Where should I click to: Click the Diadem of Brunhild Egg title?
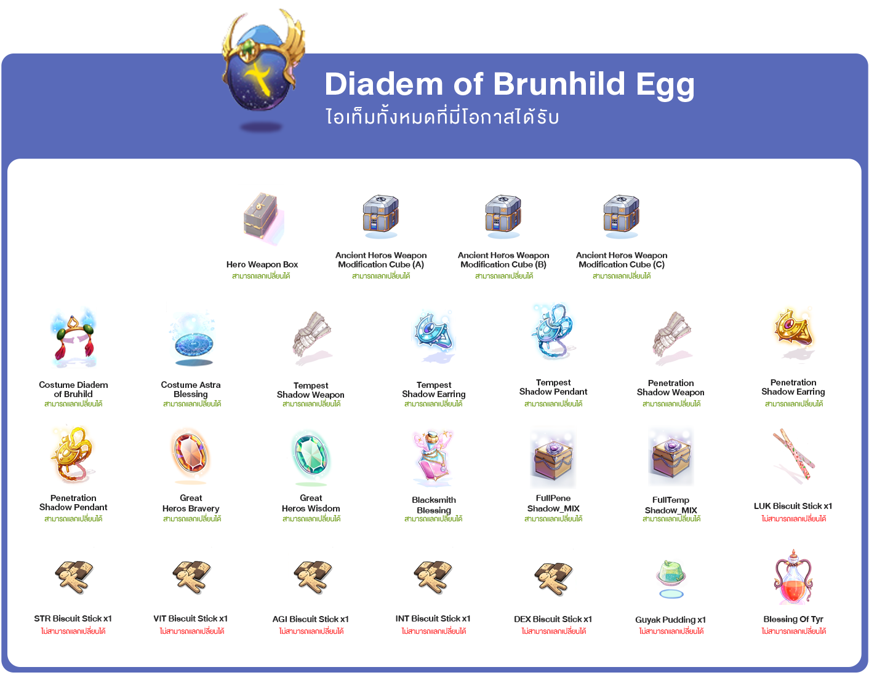[509, 85]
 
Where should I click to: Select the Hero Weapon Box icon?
[263, 218]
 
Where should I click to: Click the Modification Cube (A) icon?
[381, 216]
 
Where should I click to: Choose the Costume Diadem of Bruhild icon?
[73, 338]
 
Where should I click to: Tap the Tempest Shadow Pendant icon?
[553, 331]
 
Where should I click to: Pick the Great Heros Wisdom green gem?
[311, 456]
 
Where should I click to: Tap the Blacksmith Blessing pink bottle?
[433, 456]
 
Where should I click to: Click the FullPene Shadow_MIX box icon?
[553, 459]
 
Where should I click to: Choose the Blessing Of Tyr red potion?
[793, 577]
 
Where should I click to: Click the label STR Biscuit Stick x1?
[73, 618]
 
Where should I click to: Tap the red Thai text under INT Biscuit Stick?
[433, 631]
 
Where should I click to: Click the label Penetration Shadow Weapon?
[671, 387]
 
